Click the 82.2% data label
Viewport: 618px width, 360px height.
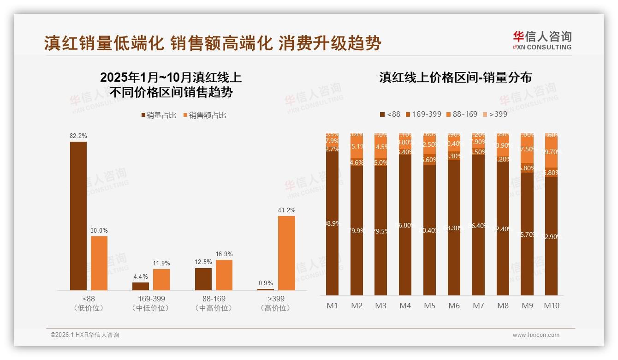[x=78, y=136]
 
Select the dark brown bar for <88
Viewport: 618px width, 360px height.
[x=78, y=216]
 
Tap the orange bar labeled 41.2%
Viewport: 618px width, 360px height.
[x=286, y=253]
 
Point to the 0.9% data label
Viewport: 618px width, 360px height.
[x=266, y=283]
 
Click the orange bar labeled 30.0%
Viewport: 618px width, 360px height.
[x=99, y=263]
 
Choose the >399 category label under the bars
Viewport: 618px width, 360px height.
[x=276, y=299]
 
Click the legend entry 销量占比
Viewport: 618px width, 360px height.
[x=159, y=115]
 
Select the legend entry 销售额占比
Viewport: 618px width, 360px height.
[x=205, y=115]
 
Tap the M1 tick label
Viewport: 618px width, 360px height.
[x=332, y=306]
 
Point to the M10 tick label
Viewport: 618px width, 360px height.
[x=551, y=306]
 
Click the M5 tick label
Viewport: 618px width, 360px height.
[x=429, y=306]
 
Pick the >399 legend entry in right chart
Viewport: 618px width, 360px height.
[x=494, y=114]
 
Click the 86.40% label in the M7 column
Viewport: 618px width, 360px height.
[x=478, y=226]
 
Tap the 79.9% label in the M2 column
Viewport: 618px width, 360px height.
[x=357, y=231]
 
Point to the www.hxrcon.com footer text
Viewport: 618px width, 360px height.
[x=536, y=335]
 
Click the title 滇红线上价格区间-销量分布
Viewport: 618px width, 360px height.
[x=455, y=77]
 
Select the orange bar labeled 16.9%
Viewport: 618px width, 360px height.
[x=224, y=275]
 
